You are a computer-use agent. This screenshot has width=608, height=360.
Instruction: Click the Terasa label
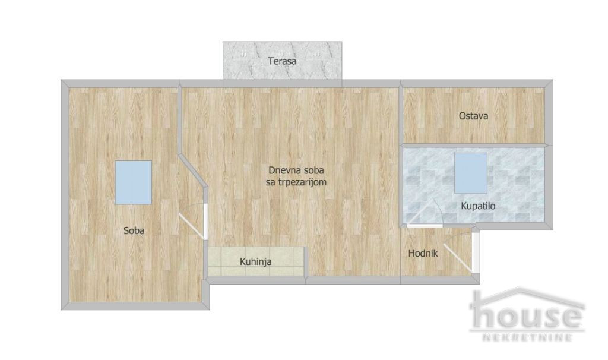click(282, 61)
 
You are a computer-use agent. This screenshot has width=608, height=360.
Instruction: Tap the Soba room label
click(134, 230)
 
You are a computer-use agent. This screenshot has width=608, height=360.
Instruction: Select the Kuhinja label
click(255, 261)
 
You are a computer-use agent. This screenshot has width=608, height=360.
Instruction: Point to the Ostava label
click(473, 116)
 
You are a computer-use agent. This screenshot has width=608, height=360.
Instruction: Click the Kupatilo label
click(478, 206)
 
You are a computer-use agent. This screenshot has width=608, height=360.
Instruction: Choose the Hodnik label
click(423, 253)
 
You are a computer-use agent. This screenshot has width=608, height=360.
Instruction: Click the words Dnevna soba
click(296, 170)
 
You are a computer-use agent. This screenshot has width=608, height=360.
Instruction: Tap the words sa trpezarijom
click(296, 182)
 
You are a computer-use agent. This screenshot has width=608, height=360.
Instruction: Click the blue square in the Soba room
click(134, 182)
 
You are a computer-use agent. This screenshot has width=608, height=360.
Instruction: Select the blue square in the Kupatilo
click(471, 173)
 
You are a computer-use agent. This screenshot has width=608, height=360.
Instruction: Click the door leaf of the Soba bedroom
click(192, 226)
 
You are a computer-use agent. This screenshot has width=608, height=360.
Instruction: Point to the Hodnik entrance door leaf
click(458, 258)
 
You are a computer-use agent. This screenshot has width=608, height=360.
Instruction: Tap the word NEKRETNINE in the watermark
click(527, 337)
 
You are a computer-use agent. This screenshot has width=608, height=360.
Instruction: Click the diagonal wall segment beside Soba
click(193, 171)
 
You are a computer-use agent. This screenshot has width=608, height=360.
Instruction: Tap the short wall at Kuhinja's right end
click(306, 262)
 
